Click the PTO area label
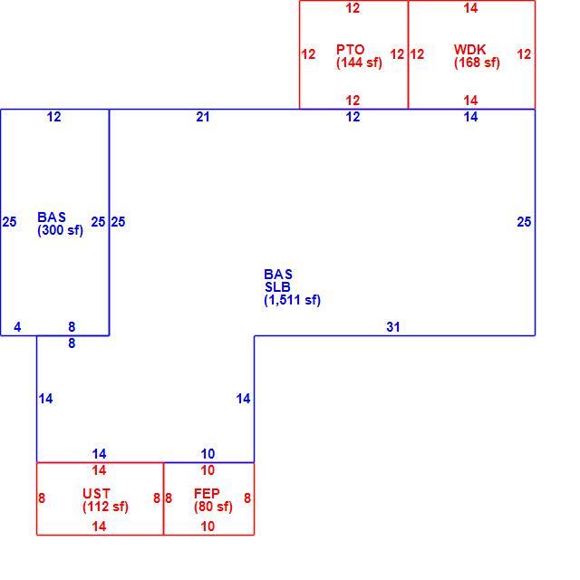[x=351, y=49]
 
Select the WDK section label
[x=469, y=49]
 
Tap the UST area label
[x=96, y=493]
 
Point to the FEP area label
[x=207, y=493]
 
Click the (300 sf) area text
[x=61, y=230]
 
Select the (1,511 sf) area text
[x=292, y=300]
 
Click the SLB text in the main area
[x=277, y=286]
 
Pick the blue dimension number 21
[x=203, y=117]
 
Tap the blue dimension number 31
[x=393, y=327]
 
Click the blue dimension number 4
[x=17, y=327]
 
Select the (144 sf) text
[x=359, y=63]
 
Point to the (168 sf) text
[x=478, y=63]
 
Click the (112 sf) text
[x=105, y=507]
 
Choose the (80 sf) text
[x=213, y=507]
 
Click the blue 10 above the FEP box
[x=208, y=454]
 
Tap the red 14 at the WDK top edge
[x=470, y=8]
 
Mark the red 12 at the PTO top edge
[x=353, y=8]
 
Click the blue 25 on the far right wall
[x=524, y=222]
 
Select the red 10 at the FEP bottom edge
[x=208, y=527]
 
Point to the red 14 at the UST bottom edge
[x=99, y=527]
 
